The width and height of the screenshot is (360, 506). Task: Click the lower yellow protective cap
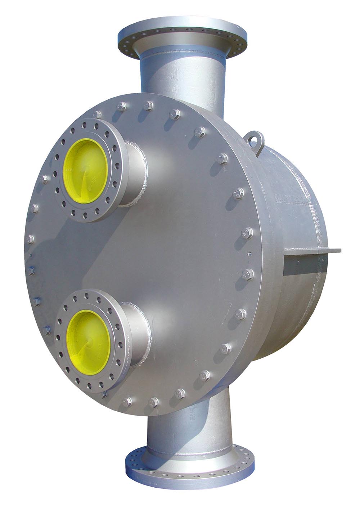point(88,337)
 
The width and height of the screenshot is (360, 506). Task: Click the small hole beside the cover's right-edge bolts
point(248,253)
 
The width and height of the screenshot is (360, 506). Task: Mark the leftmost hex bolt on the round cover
point(31,239)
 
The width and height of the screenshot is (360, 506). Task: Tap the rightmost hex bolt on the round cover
point(248,274)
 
